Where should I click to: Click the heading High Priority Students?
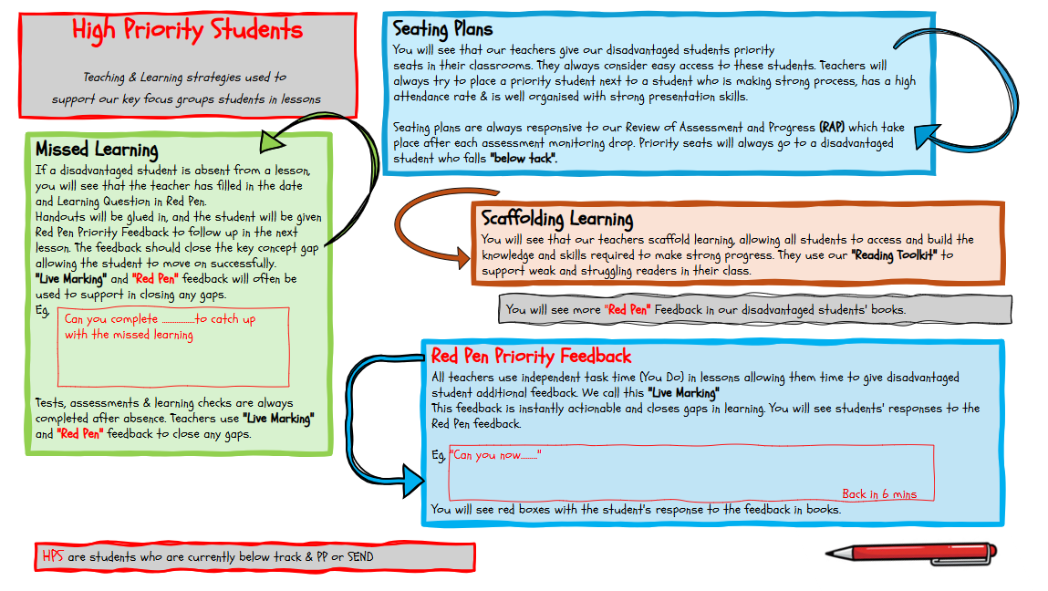tap(187, 30)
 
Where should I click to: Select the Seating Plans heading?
tap(442, 30)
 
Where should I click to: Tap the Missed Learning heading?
tap(97, 150)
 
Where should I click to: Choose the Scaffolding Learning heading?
tap(557, 219)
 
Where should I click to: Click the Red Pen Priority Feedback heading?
tap(531, 356)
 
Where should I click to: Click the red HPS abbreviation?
tap(53, 556)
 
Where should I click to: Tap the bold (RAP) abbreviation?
tap(832, 127)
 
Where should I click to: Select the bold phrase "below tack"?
tap(523, 158)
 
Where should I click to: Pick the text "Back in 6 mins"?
tap(879, 493)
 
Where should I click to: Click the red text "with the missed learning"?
tap(129, 335)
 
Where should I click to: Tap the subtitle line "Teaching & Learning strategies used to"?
tap(184, 78)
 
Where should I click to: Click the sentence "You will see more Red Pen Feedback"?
tap(705, 309)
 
